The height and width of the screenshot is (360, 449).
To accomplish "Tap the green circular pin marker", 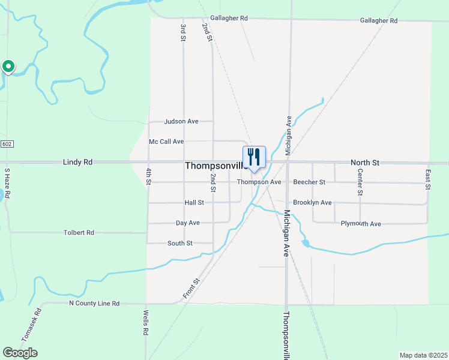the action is (8, 66).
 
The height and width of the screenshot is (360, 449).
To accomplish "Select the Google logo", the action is (20, 353).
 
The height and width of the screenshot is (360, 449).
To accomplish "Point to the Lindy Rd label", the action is (78, 163).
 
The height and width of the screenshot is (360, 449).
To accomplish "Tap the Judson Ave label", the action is (181, 121).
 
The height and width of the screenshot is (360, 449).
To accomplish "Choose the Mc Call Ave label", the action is (166, 142).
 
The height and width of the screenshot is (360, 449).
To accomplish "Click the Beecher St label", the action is (309, 182).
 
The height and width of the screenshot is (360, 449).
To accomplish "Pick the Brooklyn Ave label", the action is (312, 203).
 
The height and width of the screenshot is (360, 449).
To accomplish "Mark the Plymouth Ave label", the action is (361, 224).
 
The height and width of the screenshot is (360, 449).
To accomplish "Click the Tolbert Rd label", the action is (79, 232).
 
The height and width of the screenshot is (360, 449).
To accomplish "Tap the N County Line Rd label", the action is (94, 304).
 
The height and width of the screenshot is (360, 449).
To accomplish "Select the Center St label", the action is (360, 182).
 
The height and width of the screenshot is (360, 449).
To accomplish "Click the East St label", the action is (428, 179).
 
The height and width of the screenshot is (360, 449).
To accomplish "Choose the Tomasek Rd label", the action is (31, 325).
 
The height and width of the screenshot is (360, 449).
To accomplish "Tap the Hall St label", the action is (194, 203).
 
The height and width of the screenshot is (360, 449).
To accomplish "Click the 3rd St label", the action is (183, 32).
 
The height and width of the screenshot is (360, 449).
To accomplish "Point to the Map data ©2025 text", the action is (423, 355).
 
